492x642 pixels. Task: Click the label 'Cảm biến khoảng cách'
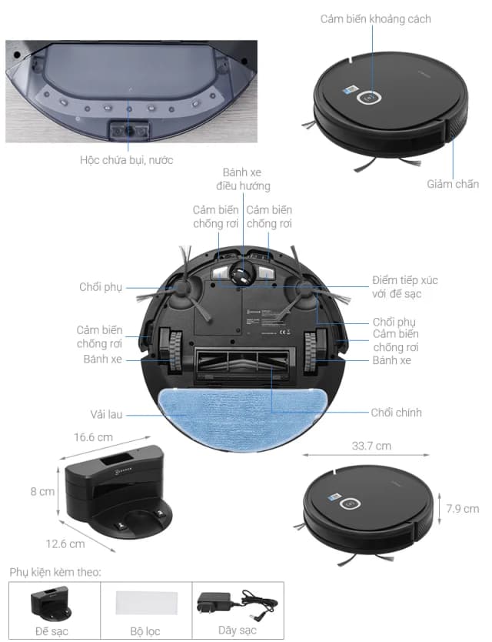[x=375, y=18]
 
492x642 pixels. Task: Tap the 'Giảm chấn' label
[x=453, y=184]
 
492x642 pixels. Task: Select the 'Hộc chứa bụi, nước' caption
[x=127, y=160]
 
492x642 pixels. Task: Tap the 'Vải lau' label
[x=105, y=414]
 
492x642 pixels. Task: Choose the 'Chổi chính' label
[x=396, y=413]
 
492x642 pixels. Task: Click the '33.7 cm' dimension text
[x=371, y=446]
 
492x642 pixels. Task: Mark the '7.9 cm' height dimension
[x=462, y=508]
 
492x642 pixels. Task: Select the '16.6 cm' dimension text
[x=94, y=436]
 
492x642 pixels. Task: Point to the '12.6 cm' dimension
[x=65, y=543]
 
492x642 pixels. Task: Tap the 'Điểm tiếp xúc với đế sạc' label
[x=404, y=287]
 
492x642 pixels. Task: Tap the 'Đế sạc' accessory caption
[x=52, y=631]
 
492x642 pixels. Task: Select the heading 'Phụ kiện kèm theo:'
[x=55, y=572]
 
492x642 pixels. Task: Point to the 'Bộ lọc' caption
[x=145, y=631]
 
